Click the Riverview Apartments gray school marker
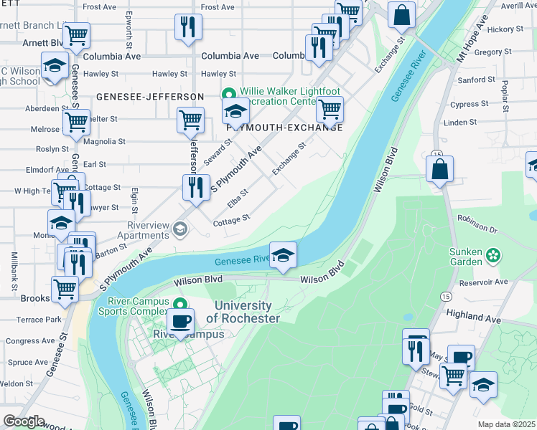tap(179, 229)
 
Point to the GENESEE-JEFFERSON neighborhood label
tap(151, 96)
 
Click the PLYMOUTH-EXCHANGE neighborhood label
tap(283, 127)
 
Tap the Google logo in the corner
tap(24, 421)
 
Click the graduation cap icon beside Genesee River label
tap(284, 255)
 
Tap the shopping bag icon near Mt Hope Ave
tap(439, 170)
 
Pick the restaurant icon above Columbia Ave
tap(188, 27)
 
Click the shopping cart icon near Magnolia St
tap(190, 120)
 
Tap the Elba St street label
tap(238, 194)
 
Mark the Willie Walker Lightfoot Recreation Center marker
tap(229, 94)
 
